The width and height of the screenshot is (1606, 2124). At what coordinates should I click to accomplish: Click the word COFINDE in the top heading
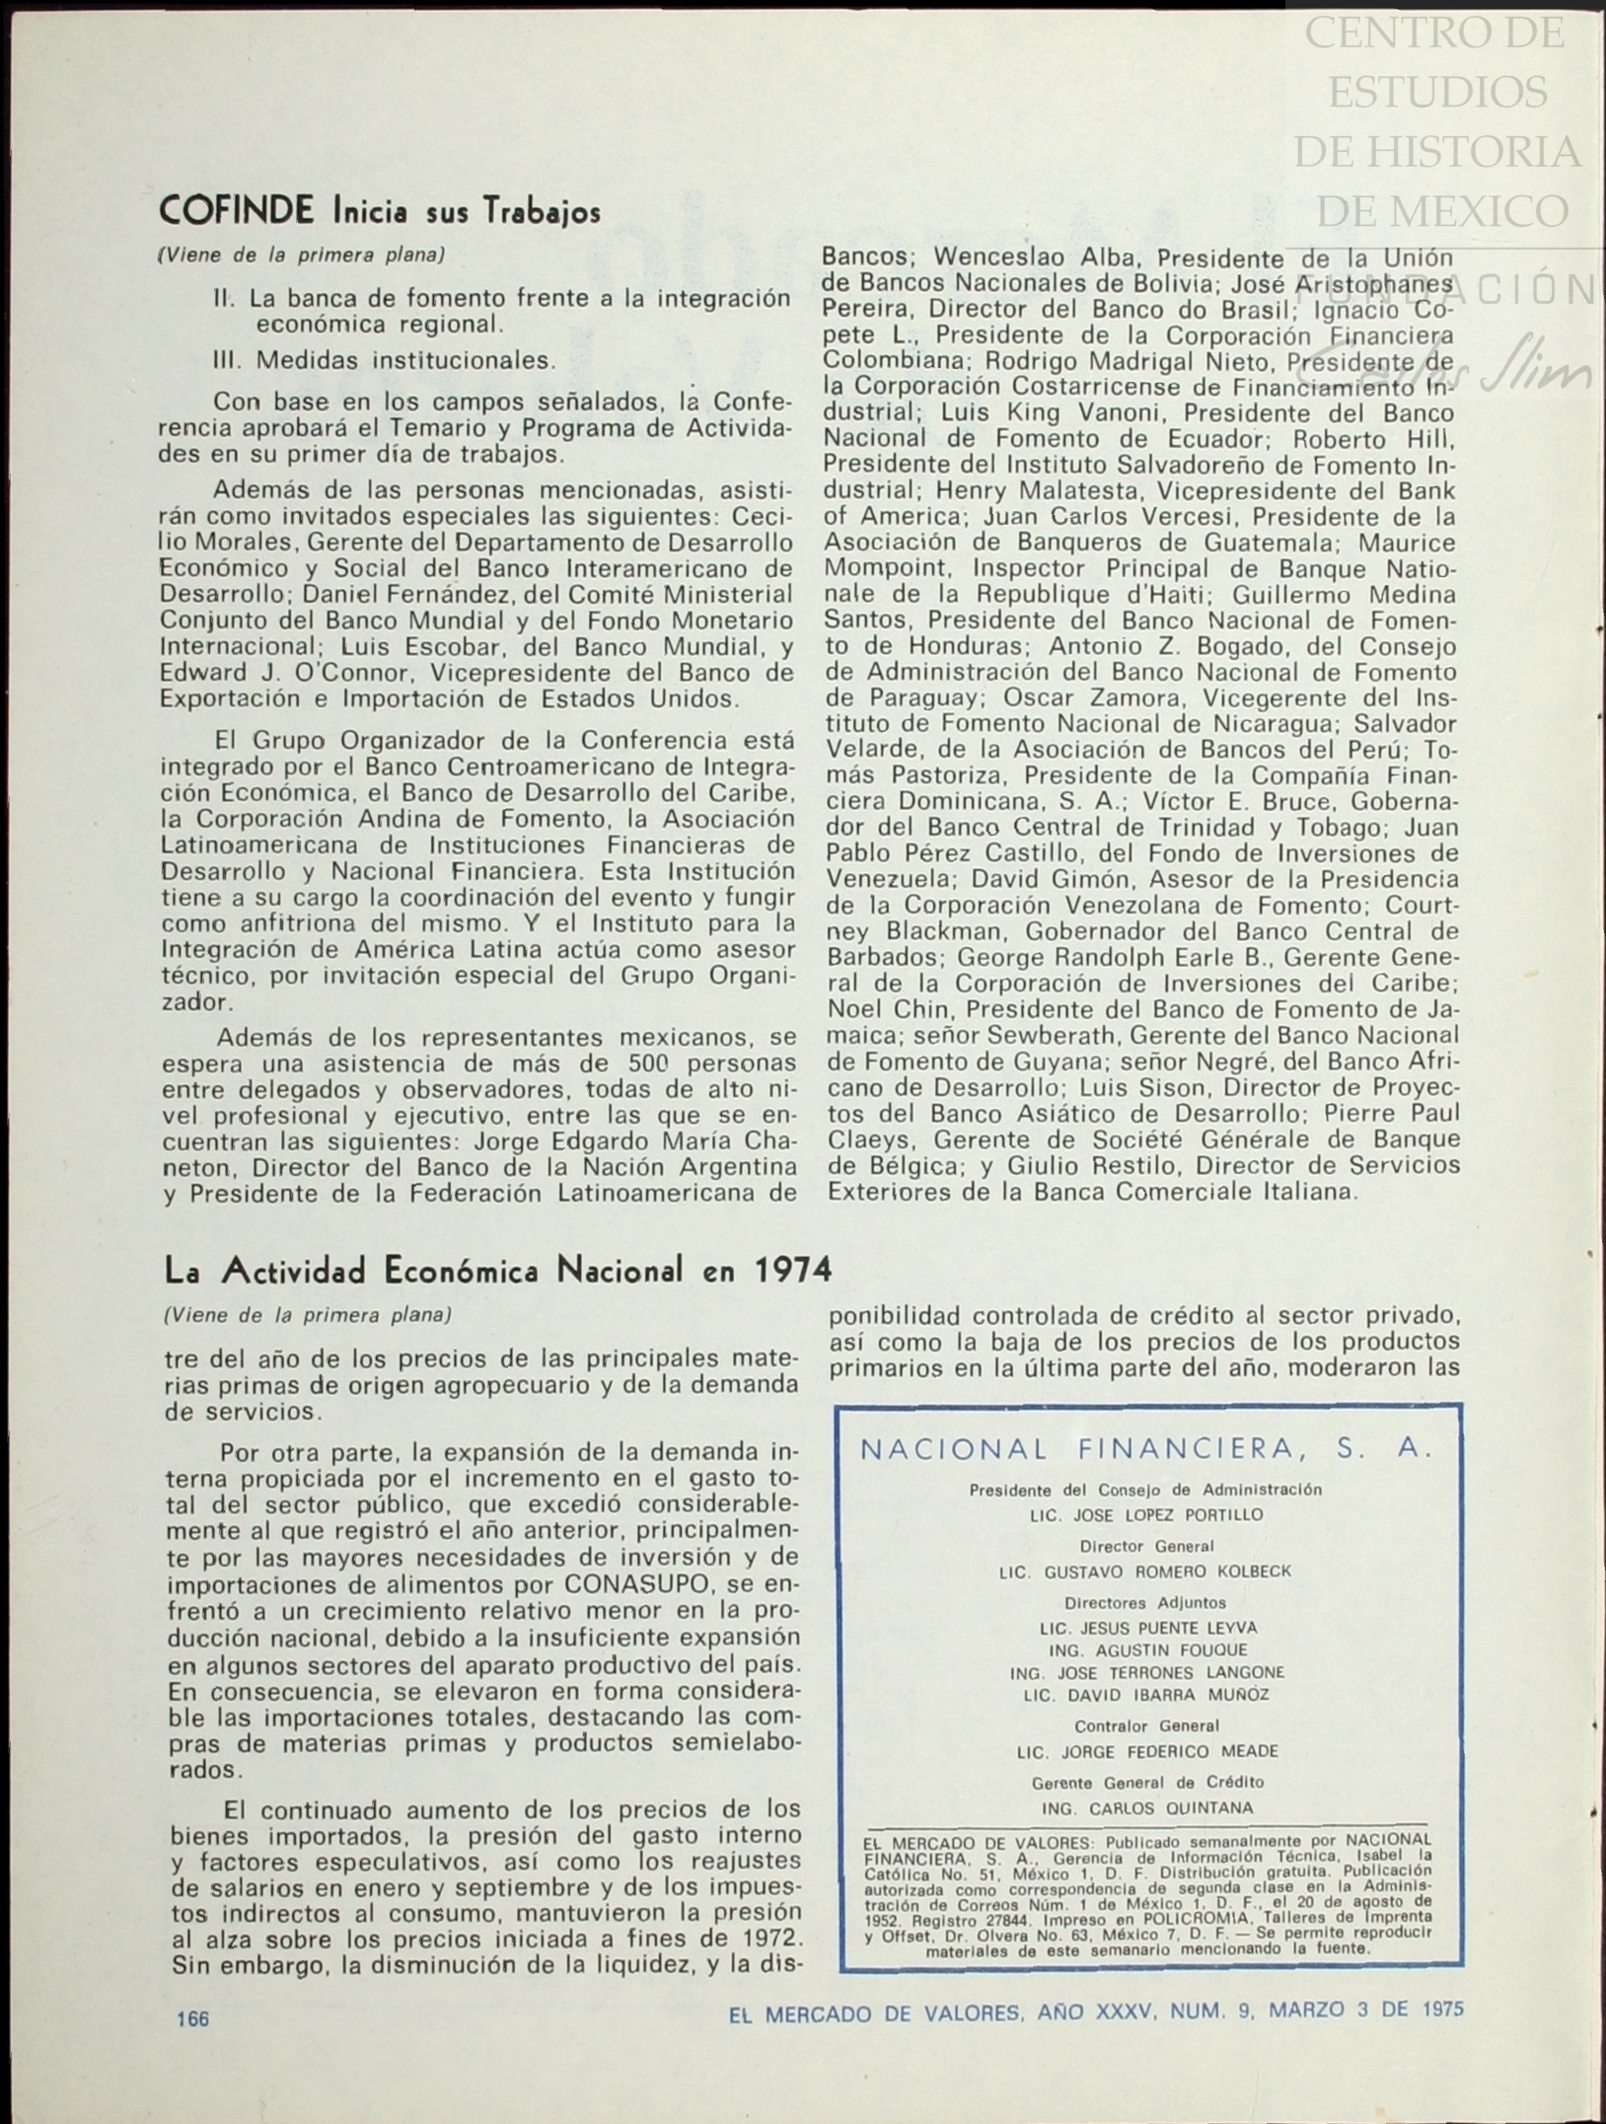coord(236,210)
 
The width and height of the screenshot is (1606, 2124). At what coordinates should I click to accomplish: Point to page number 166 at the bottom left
coord(193,2018)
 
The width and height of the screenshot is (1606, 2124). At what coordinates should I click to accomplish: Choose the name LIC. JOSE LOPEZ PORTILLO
coord(1146,1514)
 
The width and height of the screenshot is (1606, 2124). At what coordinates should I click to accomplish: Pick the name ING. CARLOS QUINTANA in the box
coord(1147,1808)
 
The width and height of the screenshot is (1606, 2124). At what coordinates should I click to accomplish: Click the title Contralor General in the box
coord(1146,1725)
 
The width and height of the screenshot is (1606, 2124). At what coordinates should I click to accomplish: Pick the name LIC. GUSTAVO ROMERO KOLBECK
coord(1145,1572)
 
